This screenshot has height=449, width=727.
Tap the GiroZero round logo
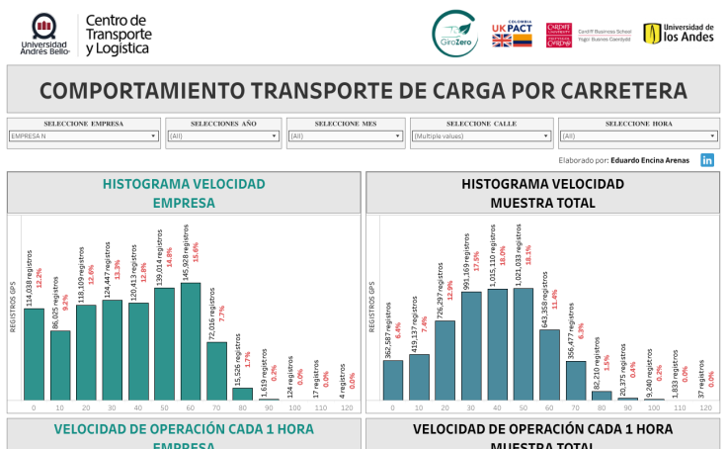(x=455, y=34)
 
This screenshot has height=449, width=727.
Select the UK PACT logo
(x=513, y=34)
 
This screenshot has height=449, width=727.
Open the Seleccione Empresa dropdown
(x=84, y=136)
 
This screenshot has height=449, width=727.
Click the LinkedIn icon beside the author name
(x=707, y=159)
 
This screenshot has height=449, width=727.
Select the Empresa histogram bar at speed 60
(x=191, y=341)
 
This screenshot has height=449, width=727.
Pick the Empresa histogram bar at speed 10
(x=60, y=365)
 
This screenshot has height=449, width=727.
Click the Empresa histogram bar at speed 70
(x=216, y=371)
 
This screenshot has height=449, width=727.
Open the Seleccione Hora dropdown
(x=638, y=136)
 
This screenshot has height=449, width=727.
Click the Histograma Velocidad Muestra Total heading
(x=542, y=193)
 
